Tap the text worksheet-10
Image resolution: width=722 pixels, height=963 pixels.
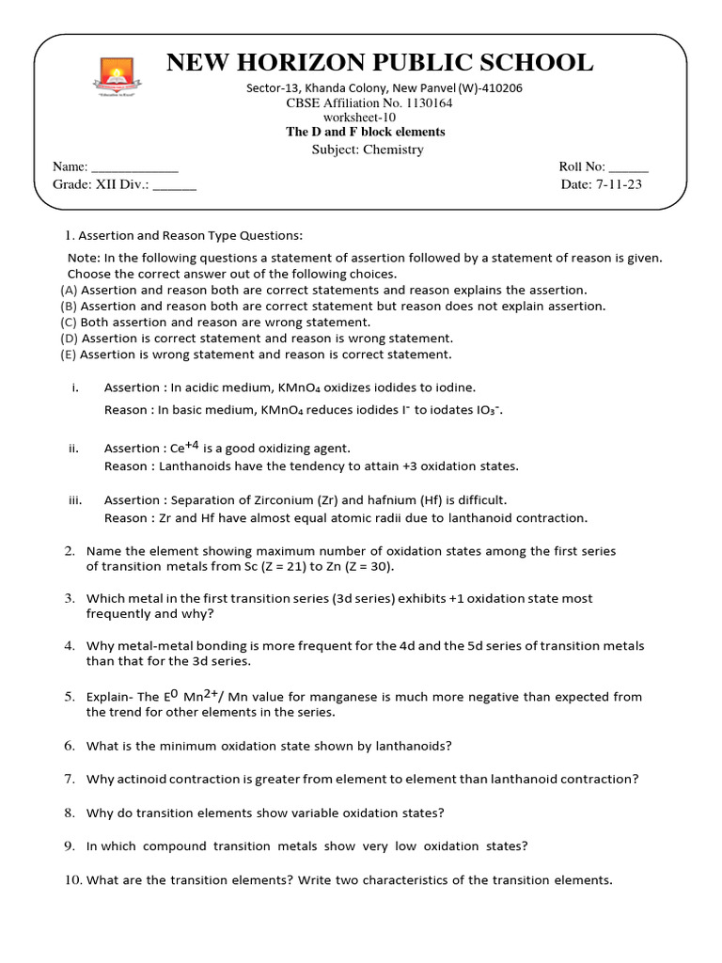pos(366,118)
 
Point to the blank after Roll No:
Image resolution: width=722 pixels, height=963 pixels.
pos(628,167)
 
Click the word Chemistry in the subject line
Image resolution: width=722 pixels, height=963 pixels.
pos(394,150)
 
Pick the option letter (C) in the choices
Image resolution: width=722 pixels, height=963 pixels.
pos(69,322)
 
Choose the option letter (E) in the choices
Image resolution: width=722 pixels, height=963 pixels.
pos(69,355)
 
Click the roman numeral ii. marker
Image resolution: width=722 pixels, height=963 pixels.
pos(73,449)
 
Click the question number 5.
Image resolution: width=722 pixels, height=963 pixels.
pos(70,697)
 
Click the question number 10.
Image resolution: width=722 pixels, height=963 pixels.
pos(73,880)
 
